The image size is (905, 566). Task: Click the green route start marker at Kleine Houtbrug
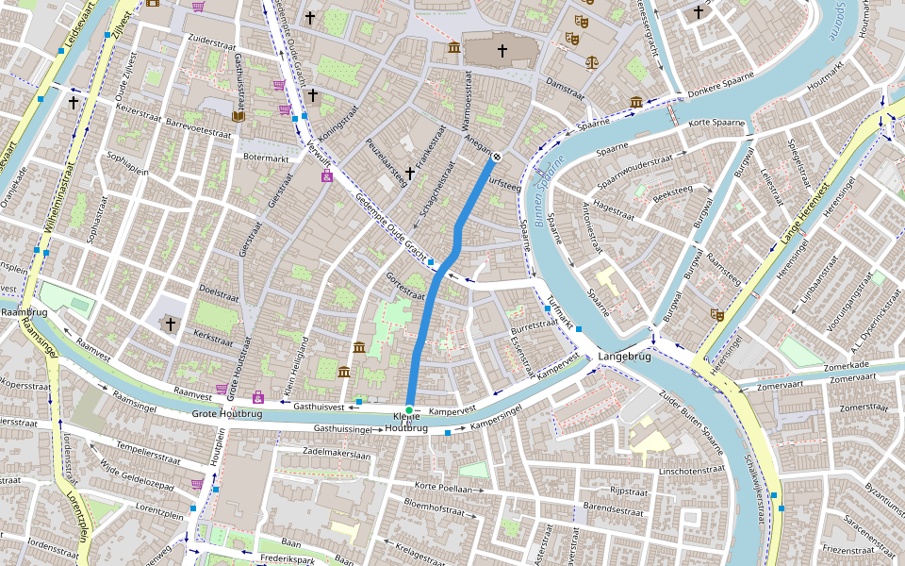click(409, 408)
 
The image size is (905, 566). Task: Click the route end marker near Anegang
click(497, 157)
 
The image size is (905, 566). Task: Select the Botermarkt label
click(265, 157)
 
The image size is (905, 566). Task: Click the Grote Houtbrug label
click(227, 413)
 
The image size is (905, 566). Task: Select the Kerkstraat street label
click(213, 334)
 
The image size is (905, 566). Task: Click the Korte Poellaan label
click(442, 489)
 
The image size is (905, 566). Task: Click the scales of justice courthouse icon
click(591, 62)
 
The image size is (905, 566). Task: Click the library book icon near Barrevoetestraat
click(239, 116)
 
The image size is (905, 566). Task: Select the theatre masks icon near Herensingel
click(716, 315)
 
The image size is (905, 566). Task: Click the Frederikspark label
click(287, 558)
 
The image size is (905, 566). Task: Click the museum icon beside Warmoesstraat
click(453, 47)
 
